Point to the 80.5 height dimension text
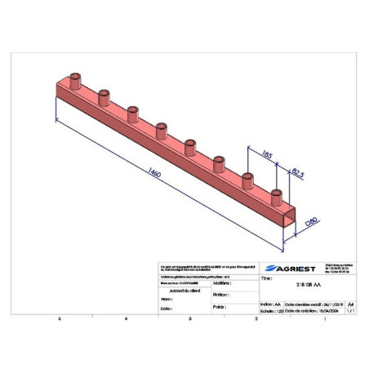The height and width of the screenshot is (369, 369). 296,173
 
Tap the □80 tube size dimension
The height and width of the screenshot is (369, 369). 311,220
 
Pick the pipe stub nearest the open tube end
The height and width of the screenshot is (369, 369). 277,196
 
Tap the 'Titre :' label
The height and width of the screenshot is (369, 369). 266,278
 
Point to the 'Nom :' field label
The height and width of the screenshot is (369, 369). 166,300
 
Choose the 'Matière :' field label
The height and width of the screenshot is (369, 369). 219,283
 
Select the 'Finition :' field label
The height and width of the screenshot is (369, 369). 218,296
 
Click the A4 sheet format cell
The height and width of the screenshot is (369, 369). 351,303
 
